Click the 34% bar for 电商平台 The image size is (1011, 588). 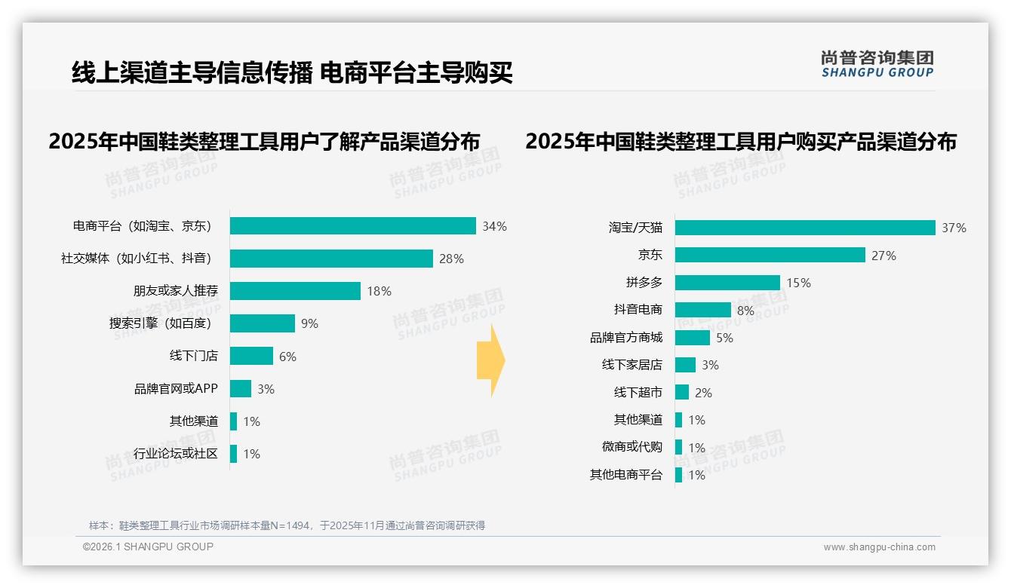[x=352, y=226]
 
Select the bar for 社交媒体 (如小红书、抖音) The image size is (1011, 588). [x=331, y=259]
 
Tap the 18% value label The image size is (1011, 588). [x=380, y=291]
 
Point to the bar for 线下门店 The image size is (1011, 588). [x=251, y=356]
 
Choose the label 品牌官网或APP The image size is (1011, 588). [x=176, y=389]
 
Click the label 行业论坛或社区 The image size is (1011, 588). [x=176, y=454]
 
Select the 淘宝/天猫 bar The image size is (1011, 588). [x=805, y=228]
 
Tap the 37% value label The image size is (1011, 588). [x=954, y=228]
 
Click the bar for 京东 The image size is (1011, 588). [x=770, y=255]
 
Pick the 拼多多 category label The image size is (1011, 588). [x=644, y=283]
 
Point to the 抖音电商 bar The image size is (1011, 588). [x=702, y=310]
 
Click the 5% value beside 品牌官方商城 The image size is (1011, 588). [x=724, y=338]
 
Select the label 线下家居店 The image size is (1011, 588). [x=631, y=365]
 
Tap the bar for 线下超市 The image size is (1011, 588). [x=681, y=392]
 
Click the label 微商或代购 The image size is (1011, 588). [x=631, y=447]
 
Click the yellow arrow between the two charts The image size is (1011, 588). [x=491, y=361]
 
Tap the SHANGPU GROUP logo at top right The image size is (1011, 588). [x=877, y=64]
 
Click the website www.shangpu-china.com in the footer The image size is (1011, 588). [x=879, y=547]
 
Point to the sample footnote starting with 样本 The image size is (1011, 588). [x=287, y=525]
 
